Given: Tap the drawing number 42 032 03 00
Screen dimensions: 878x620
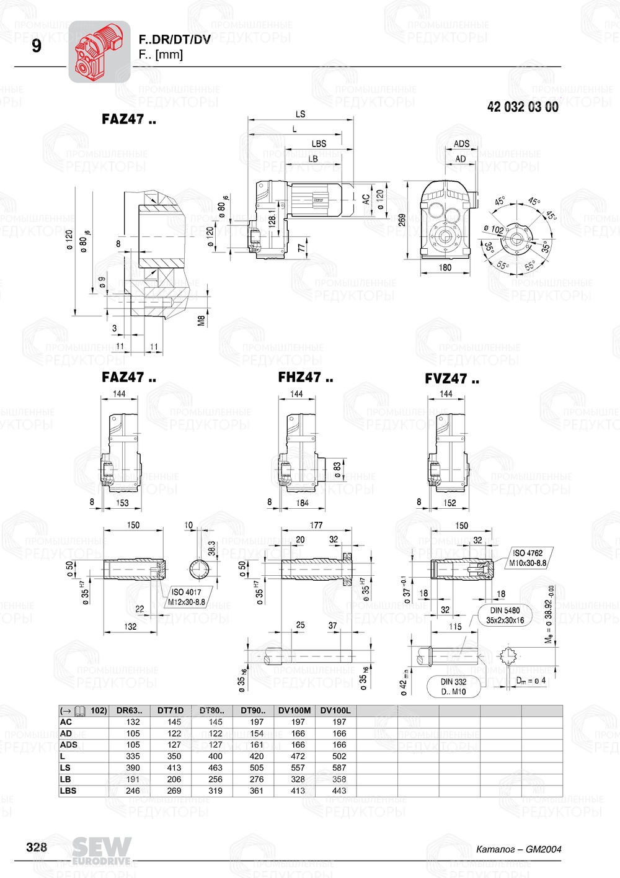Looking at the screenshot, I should [522, 107].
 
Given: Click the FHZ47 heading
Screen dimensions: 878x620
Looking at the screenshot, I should [305, 377].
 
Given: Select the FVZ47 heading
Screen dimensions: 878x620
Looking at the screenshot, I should [451, 379].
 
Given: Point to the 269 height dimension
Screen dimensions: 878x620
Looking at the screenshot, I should [402, 220].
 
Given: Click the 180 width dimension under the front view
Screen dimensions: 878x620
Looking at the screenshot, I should [445, 267].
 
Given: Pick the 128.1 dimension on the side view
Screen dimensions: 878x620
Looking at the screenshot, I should [272, 218].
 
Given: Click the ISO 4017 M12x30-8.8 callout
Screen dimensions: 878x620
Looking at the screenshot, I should [186, 597].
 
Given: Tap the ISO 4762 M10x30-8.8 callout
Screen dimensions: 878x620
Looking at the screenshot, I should [528, 558].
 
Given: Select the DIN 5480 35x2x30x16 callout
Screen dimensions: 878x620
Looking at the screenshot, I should [505, 615].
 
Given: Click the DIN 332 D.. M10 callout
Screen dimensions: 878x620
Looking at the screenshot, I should [453, 686].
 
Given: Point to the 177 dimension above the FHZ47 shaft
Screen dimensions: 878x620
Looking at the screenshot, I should [316, 525].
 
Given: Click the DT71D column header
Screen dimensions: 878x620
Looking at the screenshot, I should [170, 710].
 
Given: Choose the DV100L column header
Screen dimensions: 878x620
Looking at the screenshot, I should [335, 710].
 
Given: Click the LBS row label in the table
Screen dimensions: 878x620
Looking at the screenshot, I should [68, 791].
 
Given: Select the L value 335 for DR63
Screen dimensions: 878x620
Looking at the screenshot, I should [133, 756].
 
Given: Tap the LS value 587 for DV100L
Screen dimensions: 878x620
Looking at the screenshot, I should [339, 768].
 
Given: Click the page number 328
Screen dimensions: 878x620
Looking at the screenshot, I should [37, 847].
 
